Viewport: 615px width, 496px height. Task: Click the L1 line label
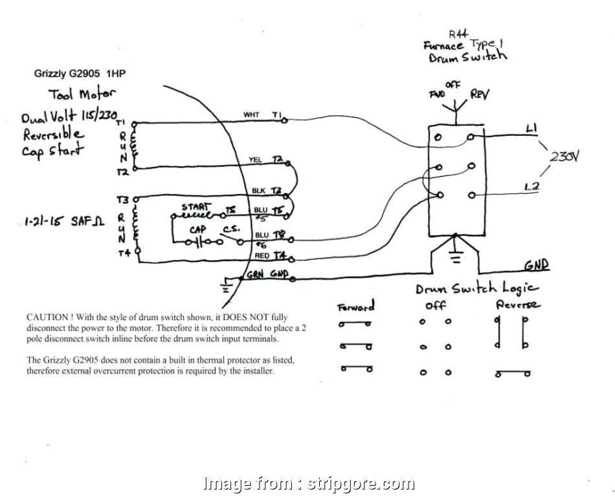(x=531, y=129)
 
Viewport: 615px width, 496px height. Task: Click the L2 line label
(x=531, y=188)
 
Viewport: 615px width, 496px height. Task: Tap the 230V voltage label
(x=565, y=156)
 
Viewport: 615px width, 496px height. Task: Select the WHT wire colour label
(x=251, y=115)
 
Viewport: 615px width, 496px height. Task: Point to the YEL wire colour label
(x=255, y=159)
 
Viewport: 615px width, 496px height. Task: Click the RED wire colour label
(x=262, y=256)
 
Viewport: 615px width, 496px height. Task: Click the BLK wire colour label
(x=258, y=191)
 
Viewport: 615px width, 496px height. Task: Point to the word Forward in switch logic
(x=356, y=307)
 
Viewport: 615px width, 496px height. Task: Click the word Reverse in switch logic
(x=518, y=304)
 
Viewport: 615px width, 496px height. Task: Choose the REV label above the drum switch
(x=480, y=95)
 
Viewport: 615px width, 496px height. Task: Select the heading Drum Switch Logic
(x=478, y=288)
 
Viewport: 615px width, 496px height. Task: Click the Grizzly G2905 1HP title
(x=80, y=74)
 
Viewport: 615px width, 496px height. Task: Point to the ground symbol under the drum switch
(x=456, y=257)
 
